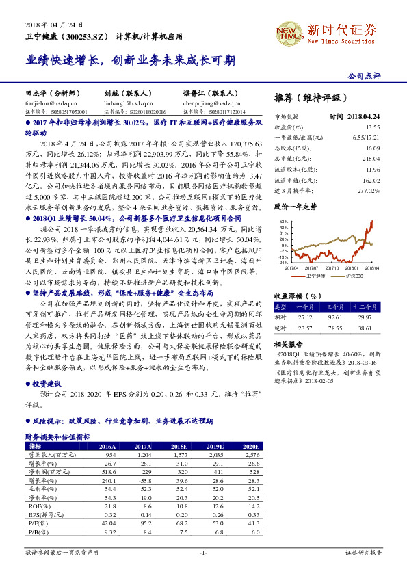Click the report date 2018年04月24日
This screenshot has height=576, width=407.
(x=50, y=23)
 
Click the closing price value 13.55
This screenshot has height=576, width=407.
(x=372, y=127)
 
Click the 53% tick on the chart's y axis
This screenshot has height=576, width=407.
(x=283, y=222)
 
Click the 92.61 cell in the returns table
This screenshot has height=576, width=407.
(x=336, y=317)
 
